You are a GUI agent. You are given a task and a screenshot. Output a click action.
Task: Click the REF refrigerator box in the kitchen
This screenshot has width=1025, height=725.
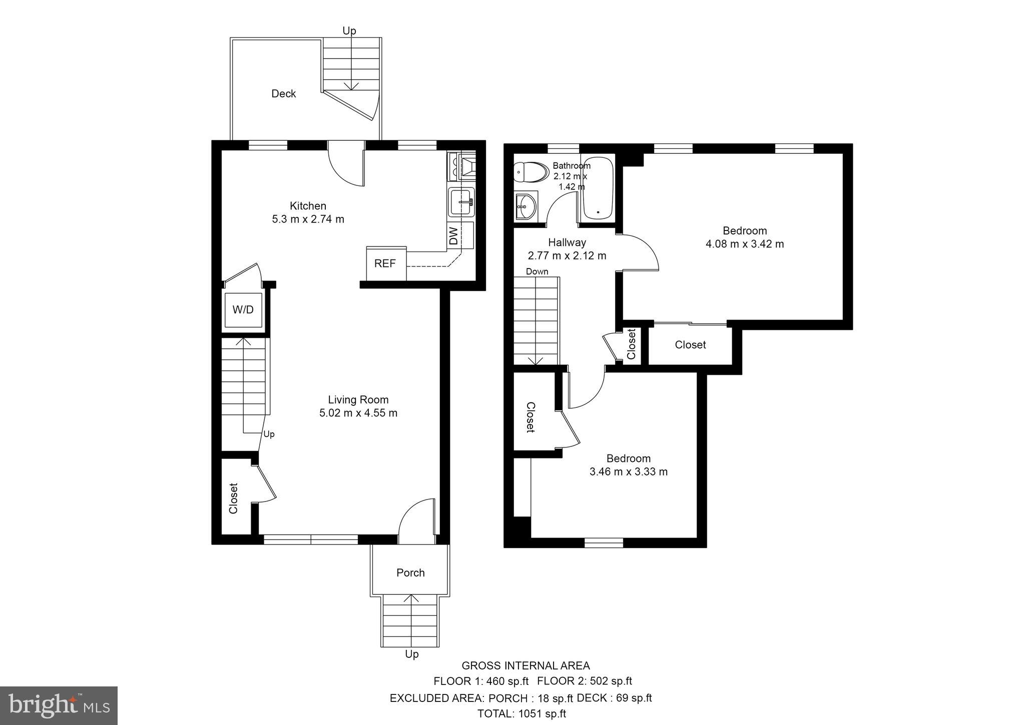tap(386, 264)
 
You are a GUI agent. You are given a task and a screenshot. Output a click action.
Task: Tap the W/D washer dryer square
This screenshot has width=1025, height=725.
tap(243, 310)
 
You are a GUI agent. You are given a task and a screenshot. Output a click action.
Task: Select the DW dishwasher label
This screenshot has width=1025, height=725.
tap(453, 235)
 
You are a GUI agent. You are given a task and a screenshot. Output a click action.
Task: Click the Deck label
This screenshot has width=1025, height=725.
tap(283, 94)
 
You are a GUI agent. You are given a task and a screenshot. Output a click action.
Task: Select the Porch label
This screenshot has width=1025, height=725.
tap(410, 573)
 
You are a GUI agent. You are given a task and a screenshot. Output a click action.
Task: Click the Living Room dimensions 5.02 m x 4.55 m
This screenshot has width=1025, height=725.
tap(358, 413)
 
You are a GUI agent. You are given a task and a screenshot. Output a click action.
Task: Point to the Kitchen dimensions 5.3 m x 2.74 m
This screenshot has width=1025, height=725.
tap(308, 219)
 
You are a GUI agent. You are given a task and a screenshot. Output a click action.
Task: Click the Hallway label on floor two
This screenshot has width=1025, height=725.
tap(567, 243)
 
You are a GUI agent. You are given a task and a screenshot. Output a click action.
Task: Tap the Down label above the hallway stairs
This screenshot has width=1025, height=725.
tap(537, 272)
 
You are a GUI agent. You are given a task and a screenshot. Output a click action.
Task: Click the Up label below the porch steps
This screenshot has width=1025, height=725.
tap(411, 654)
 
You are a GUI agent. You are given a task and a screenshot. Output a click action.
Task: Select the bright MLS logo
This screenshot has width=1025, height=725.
tap(59, 705)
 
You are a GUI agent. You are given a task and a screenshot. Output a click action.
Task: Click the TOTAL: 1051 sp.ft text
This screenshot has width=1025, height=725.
tap(522, 714)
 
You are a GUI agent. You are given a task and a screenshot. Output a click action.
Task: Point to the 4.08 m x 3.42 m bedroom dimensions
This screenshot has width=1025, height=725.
tap(745, 245)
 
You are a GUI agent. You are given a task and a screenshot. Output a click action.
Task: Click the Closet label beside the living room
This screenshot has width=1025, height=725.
tap(233, 498)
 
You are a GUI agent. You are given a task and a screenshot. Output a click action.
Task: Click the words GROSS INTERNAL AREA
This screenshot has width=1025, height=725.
tap(526, 666)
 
